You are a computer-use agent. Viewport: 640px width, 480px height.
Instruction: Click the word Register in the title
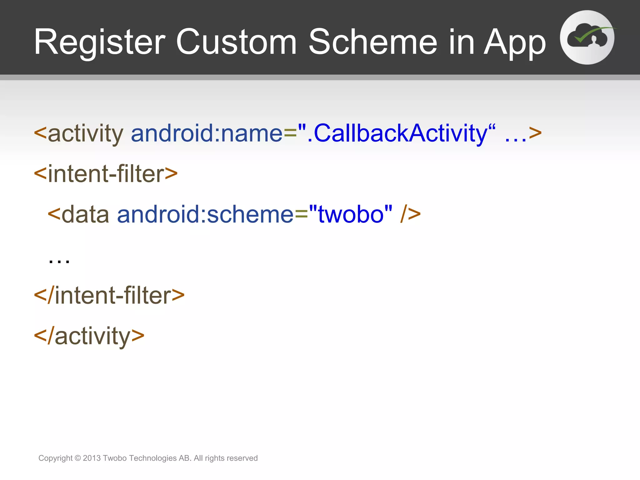(x=99, y=42)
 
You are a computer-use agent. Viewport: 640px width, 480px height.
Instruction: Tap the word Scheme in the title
(x=373, y=42)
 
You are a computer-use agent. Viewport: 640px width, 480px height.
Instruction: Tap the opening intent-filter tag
(x=106, y=174)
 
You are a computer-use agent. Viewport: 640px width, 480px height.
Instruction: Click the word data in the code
(x=85, y=214)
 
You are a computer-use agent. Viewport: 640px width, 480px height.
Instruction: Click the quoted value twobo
(x=351, y=214)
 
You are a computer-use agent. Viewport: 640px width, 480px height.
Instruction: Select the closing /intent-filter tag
(x=109, y=295)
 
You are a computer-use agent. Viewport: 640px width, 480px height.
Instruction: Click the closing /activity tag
(x=89, y=336)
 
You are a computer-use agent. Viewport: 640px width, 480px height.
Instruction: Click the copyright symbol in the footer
(x=78, y=458)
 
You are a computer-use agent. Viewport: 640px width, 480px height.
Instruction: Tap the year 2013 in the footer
(x=92, y=458)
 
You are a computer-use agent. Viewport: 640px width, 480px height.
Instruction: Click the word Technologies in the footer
(x=153, y=458)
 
